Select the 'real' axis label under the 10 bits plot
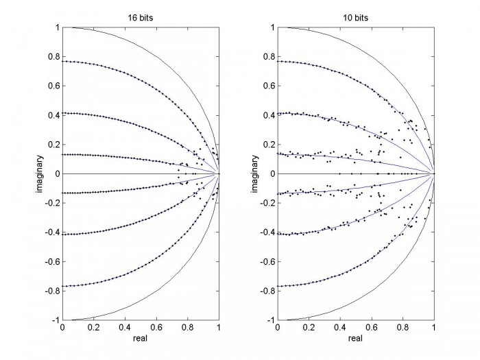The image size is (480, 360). [355, 338]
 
